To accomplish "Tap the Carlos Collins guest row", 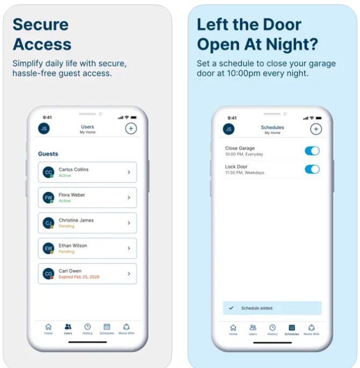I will coord(87,172).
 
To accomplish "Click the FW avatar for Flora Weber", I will coord(48,198).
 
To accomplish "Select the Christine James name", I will coord(76,220).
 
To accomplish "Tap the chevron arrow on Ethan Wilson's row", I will coord(129,248).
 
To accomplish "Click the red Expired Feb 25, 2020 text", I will coord(79,277).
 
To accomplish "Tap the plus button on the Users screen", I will coord(131,128).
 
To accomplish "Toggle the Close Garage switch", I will coord(312,151).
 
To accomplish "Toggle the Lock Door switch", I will coord(312,169).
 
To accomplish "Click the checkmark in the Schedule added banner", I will coord(231,308).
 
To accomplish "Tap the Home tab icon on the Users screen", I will coord(48,327).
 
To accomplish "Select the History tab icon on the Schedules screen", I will coord(272,328).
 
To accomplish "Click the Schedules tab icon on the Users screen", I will coord(107,327).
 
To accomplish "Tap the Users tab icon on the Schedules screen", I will coord(253,328).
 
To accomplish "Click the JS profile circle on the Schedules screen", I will coord(229,129).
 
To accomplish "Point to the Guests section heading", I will coord(48,154).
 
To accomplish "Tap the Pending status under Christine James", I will coord(67,226).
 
